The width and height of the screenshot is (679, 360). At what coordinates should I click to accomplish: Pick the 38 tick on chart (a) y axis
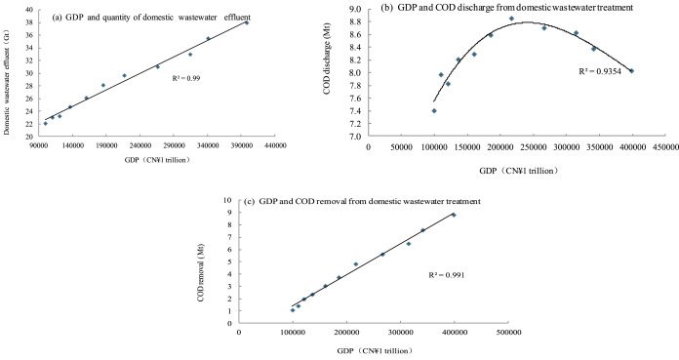click(x=29, y=22)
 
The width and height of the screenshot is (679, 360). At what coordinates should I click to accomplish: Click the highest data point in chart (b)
click(x=511, y=19)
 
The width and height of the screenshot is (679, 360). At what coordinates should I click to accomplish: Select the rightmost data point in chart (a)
click(x=247, y=21)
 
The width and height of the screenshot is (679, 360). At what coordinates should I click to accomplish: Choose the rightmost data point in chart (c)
click(x=453, y=215)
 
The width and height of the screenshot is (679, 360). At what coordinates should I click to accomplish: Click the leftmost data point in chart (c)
click(x=292, y=310)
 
